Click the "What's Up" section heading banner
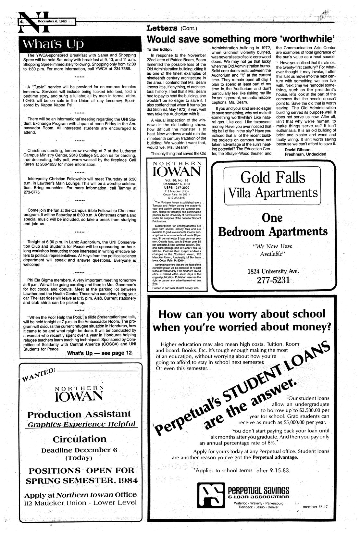[x=51, y=44]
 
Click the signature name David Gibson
[x=297, y=150]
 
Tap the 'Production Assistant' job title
[x=79, y=415]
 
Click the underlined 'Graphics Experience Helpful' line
[x=81, y=425]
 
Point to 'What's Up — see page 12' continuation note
[x=100, y=353]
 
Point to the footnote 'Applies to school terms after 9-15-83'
[x=242, y=470]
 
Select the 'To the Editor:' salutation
[x=159, y=50]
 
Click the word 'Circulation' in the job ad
[x=80, y=440]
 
